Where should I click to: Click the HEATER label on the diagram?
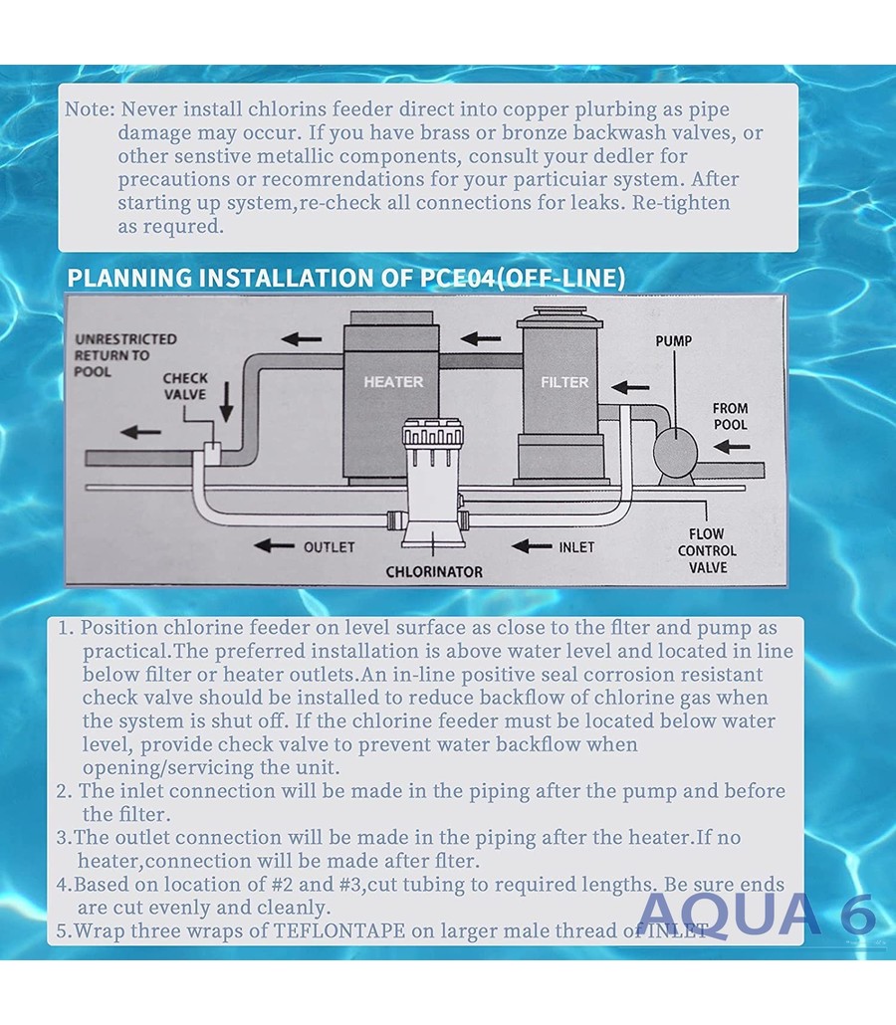pos(393,382)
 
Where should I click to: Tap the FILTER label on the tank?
pos(564,382)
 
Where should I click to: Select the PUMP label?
pos(674,341)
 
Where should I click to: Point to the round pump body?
pos(675,452)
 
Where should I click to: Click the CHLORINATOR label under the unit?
pos(434,572)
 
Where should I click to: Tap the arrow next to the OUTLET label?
pos(274,545)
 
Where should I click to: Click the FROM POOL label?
pos(730,416)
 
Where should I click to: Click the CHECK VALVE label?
pos(186,386)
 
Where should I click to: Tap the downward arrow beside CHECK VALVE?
pos(226,402)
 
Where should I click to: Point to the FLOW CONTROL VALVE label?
pos(707,551)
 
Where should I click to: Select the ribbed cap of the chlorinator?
pos(433,434)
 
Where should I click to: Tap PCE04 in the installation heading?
pos(457,278)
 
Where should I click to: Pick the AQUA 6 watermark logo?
pos(756,914)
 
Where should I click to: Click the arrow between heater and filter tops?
pos(480,338)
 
